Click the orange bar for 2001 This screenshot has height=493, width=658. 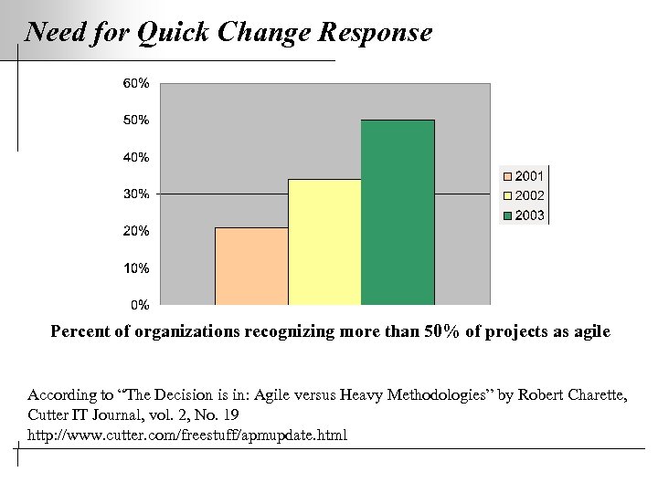click(251, 266)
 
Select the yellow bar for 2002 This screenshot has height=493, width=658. click(324, 242)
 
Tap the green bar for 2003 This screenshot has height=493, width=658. click(398, 212)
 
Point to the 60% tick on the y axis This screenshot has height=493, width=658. click(137, 83)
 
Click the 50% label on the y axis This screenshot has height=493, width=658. click(137, 120)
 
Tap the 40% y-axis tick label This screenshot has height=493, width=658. click(137, 157)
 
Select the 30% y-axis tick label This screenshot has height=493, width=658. click(137, 194)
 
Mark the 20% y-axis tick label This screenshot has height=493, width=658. click(137, 231)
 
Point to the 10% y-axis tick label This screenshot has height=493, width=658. click(137, 268)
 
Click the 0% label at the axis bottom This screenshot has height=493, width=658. click(140, 304)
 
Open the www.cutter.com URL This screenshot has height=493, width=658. click(187, 434)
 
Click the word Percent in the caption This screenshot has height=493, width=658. click(79, 331)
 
